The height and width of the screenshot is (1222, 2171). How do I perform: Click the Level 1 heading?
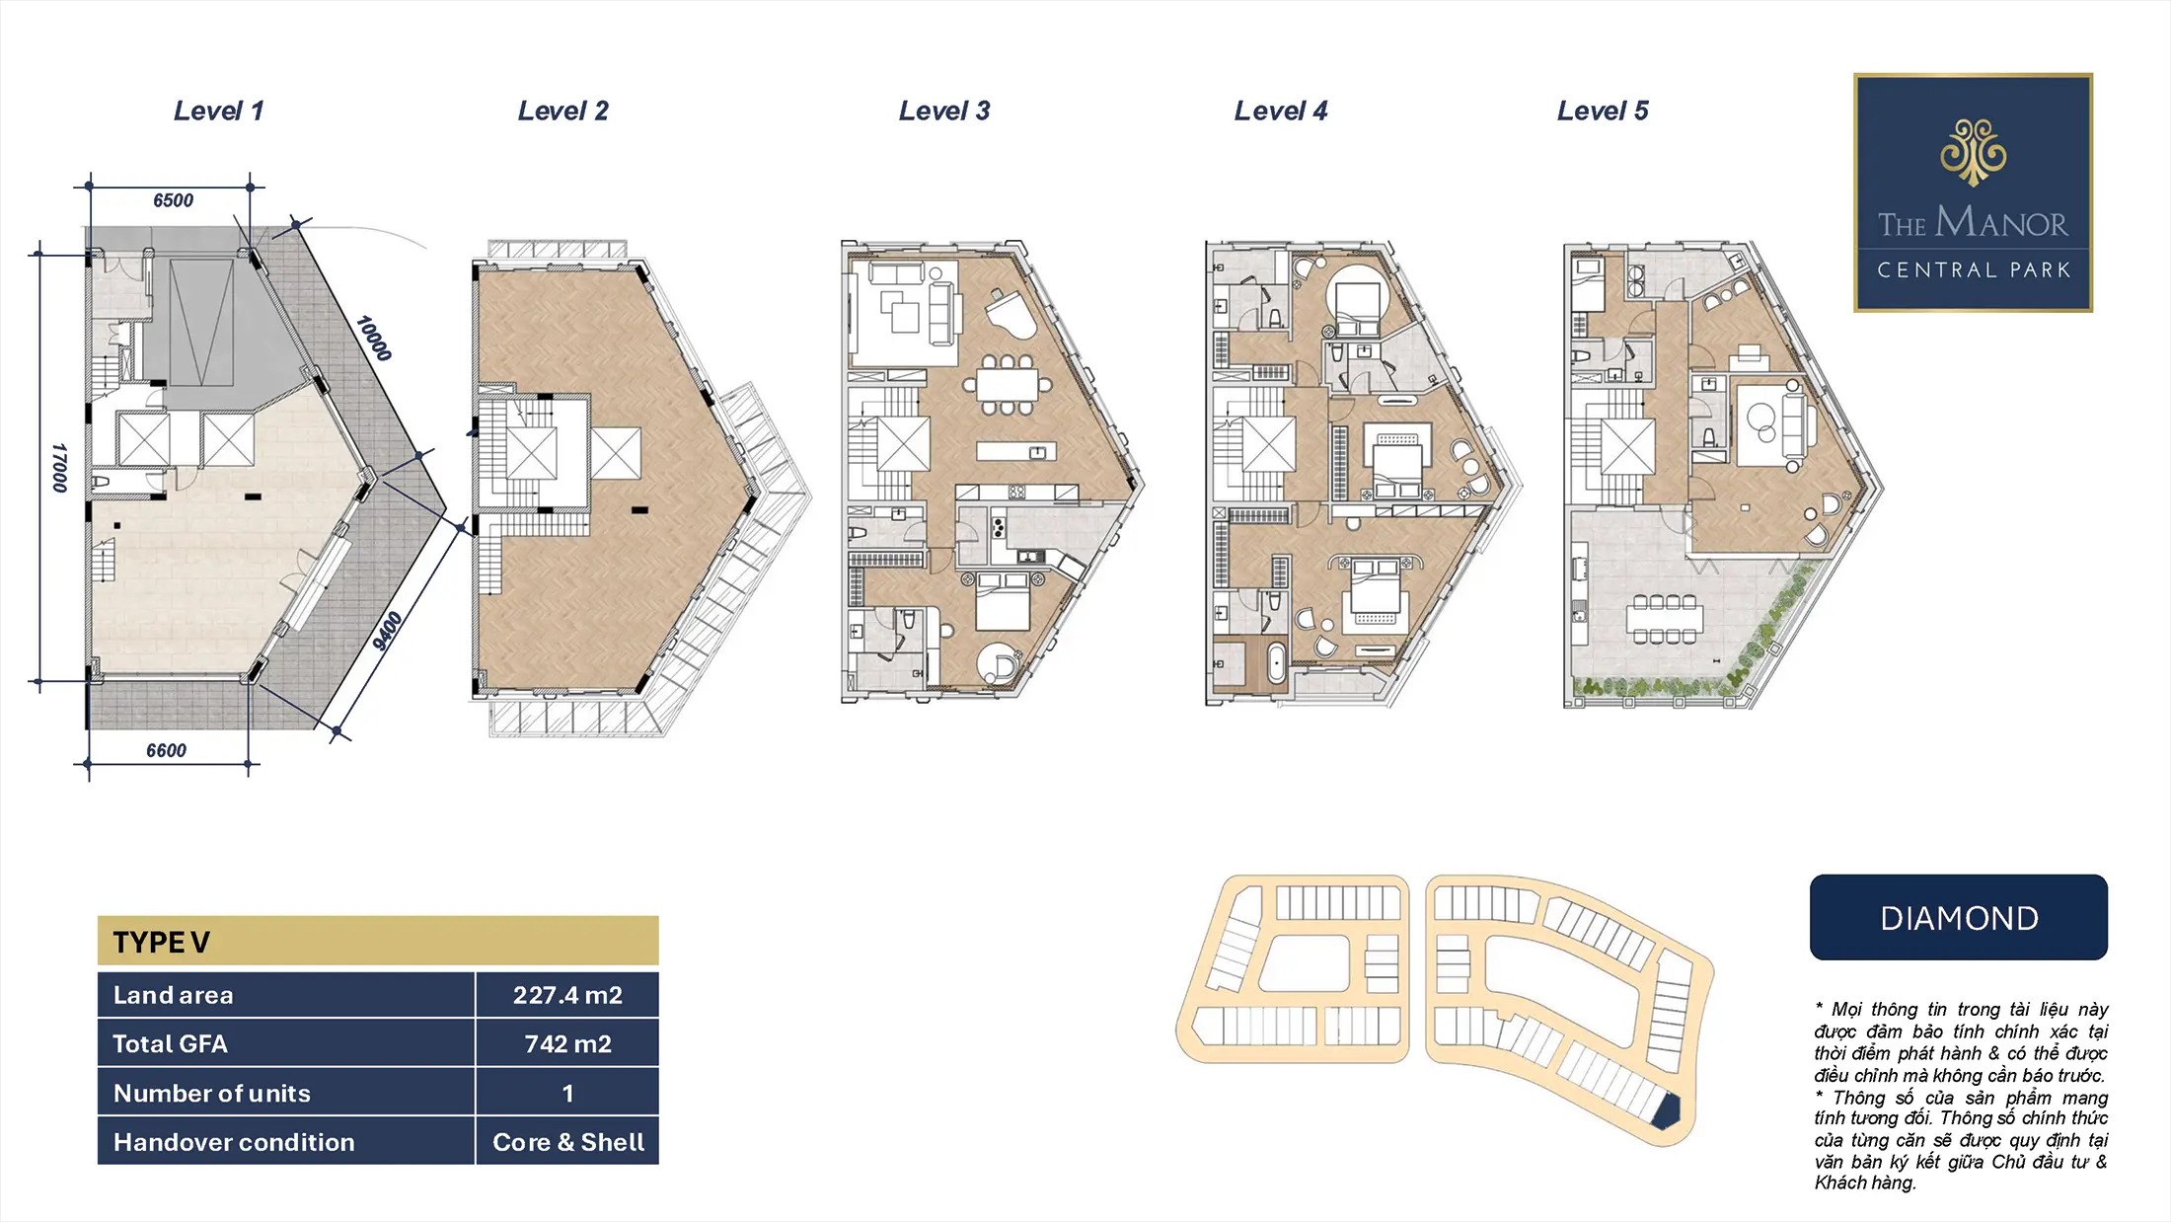[x=219, y=111]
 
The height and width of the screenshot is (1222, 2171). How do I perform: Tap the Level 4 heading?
[x=1281, y=111]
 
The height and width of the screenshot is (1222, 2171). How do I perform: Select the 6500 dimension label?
[x=173, y=200]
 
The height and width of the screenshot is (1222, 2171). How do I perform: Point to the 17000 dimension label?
[x=59, y=468]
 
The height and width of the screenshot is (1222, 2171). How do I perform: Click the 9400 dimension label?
[x=388, y=632]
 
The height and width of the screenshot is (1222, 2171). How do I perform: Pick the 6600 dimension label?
[x=166, y=750]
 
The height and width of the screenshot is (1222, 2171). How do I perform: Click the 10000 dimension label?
[x=374, y=339]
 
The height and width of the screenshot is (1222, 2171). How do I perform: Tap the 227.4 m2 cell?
[x=567, y=995]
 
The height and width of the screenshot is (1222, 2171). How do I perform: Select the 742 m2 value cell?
[x=567, y=1043]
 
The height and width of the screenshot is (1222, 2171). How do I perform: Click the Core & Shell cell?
[x=567, y=1142]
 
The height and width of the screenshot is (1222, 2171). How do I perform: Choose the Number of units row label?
[x=212, y=1093]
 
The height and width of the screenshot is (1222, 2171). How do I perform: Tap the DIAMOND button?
[x=1959, y=918]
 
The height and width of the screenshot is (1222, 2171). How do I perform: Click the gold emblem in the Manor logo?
[x=1973, y=152]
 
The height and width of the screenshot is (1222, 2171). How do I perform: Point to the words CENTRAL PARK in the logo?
[x=1973, y=269]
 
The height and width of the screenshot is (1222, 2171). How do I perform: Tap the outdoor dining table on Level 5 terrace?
[x=1665, y=619]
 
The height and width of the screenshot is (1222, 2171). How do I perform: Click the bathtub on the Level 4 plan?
[x=1275, y=662]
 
